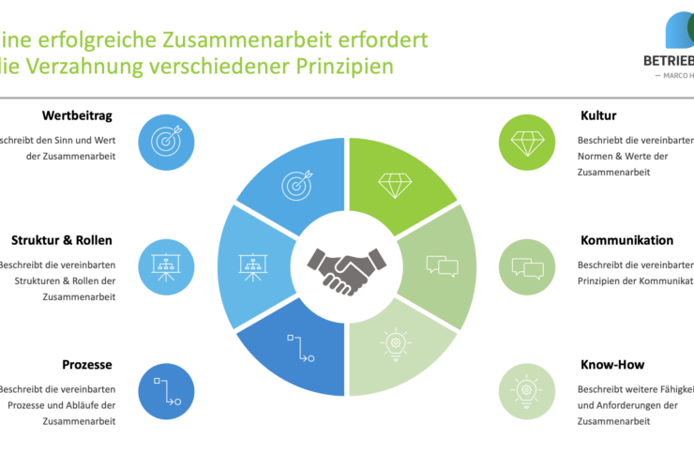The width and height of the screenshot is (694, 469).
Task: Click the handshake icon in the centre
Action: pos(348,269)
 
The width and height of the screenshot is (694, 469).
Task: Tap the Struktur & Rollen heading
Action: pos(63,240)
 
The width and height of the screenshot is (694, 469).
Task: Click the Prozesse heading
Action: pos(87,364)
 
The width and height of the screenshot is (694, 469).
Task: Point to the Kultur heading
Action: pos(598,116)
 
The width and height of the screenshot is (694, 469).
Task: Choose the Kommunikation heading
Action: pos(626,240)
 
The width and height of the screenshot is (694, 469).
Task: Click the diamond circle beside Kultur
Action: pos(528,142)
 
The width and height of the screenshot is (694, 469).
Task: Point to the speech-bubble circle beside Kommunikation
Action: pos(528,266)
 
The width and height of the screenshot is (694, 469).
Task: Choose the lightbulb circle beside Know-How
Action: pos(528,390)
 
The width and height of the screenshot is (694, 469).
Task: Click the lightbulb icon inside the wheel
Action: pos(396,343)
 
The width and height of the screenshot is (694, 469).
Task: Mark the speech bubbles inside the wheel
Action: pos(441,265)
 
